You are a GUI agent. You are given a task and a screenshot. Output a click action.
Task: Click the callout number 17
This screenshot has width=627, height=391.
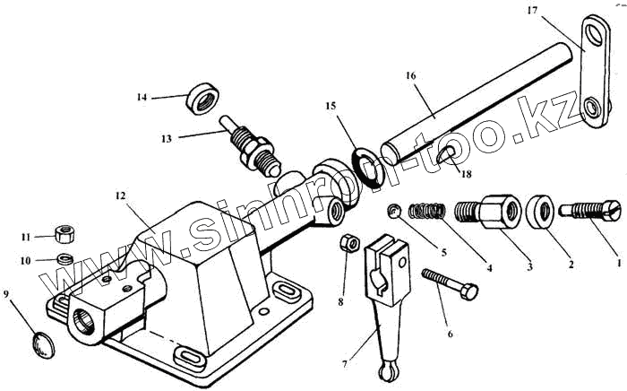pyautogui.click(x=532, y=12)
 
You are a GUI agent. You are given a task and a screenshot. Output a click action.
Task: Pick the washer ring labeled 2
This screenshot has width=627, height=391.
pyautogui.click(x=541, y=211)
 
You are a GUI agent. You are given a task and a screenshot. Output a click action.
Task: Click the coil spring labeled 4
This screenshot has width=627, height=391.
pyautogui.click(x=427, y=214)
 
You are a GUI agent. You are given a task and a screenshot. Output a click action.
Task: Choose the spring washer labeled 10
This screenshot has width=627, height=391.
pyautogui.click(x=63, y=259)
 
